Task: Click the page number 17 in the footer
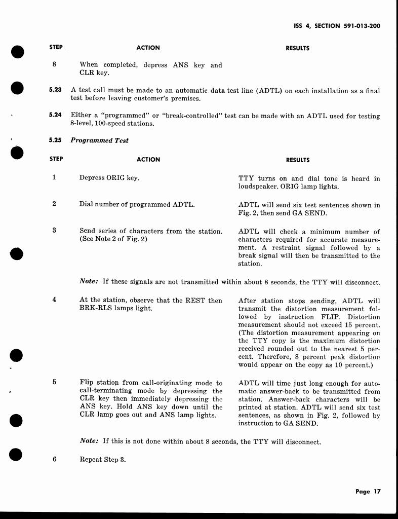click(x=376, y=491)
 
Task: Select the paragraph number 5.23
click(x=55, y=90)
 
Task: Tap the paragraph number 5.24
click(x=55, y=115)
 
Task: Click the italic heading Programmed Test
click(x=99, y=140)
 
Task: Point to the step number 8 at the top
click(x=54, y=64)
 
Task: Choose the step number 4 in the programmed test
click(x=54, y=300)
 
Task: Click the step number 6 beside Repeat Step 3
click(x=54, y=459)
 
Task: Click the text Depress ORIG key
click(x=109, y=178)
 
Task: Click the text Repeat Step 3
click(x=102, y=460)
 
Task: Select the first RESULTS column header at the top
click(x=297, y=48)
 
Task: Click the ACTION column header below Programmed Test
click(x=148, y=159)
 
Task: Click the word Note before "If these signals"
click(x=89, y=282)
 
